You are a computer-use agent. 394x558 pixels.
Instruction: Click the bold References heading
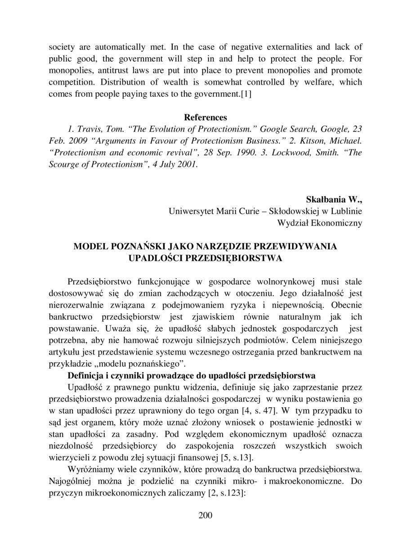point(206,117)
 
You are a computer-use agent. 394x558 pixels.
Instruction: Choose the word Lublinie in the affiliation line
point(345,211)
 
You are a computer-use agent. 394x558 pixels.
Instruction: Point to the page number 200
point(205,515)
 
